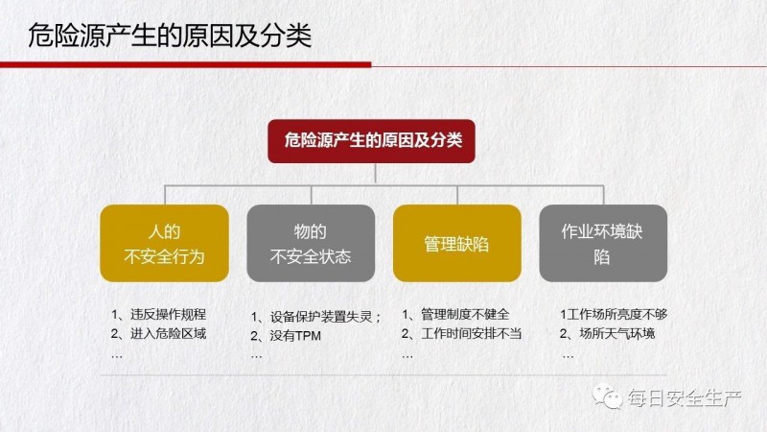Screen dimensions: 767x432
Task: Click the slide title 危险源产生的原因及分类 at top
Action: pos(170,36)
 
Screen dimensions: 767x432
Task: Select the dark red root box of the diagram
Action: pos(371,141)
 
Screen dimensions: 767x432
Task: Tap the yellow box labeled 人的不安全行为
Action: pos(164,244)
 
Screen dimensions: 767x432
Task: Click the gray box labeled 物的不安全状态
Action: pos(311,244)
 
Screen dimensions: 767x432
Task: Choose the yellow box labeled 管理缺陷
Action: pos(457,244)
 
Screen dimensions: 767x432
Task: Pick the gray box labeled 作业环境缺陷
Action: pos(603,244)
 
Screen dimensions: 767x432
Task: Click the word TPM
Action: pos(308,336)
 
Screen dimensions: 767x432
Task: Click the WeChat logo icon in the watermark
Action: pos(607,396)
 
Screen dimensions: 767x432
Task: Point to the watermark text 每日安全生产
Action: pos(685,398)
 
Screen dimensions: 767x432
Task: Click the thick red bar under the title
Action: pos(185,64)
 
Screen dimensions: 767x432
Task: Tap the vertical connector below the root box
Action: pos(376,174)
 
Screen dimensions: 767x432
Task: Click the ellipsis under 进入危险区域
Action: pos(116,356)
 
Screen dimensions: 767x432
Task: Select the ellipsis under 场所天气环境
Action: pos(568,356)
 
